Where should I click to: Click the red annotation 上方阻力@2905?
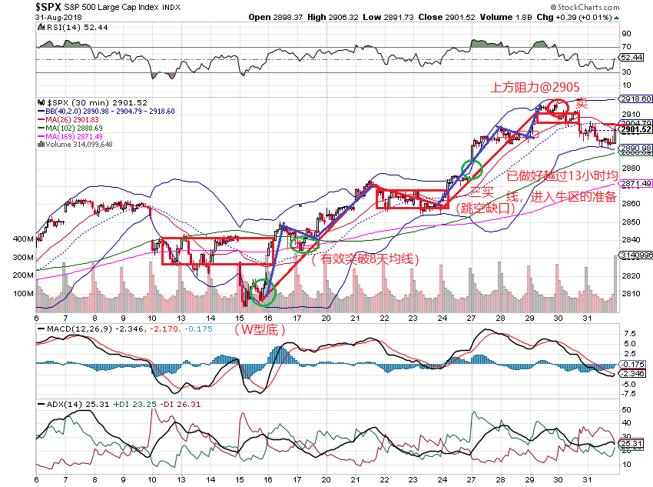click(x=535, y=88)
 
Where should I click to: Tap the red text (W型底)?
click(x=260, y=329)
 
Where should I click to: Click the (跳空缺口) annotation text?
click(x=483, y=208)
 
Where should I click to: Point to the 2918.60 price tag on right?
click(x=637, y=99)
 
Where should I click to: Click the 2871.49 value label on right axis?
click(x=637, y=184)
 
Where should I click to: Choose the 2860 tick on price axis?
click(x=630, y=203)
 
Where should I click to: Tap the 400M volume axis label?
click(x=23, y=238)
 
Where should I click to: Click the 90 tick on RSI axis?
click(x=626, y=34)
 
